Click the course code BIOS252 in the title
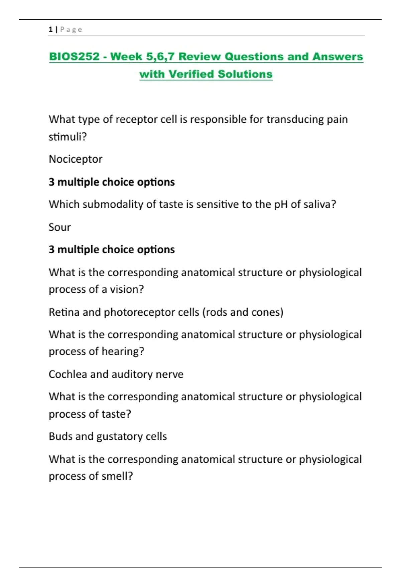[74, 56]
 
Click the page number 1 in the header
[50, 29]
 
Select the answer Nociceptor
[76, 159]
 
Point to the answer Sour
[60, 227]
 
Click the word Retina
[64, 312]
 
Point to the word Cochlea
[68, 374]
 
